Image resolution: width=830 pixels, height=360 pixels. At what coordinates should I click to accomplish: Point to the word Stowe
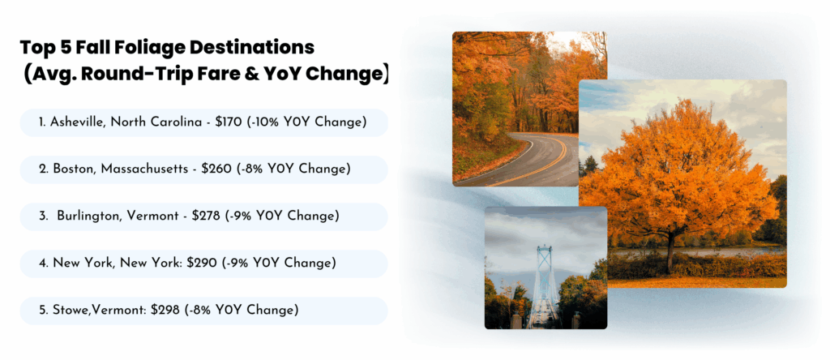click(x=67, y=310)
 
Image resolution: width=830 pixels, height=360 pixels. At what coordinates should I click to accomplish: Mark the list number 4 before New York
click(x=42, y=264)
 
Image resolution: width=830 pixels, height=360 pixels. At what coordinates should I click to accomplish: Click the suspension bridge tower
click(x=544, y=276)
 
